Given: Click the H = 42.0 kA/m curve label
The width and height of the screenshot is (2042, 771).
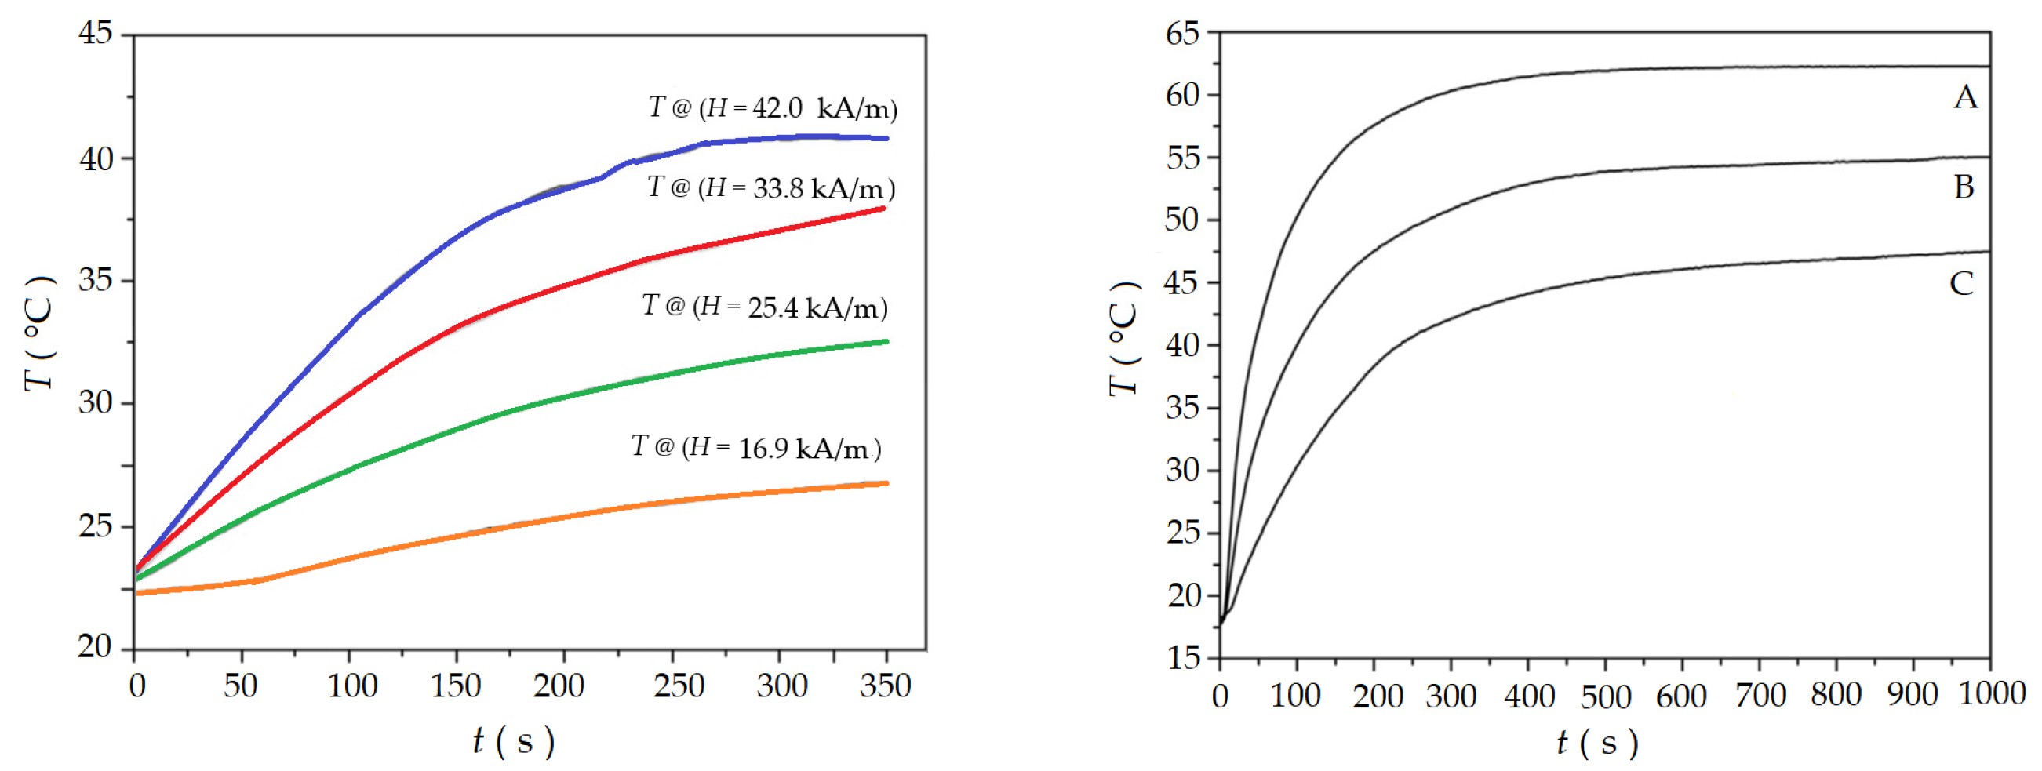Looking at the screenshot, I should pos(773,107).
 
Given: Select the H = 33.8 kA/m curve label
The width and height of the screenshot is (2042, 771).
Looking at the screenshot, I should pos(771,187).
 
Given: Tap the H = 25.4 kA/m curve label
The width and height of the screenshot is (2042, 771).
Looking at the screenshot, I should pos(765,307).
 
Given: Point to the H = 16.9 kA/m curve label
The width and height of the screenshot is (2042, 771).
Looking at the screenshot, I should pos(756,448).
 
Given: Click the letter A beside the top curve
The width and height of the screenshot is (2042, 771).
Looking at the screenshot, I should pos(1965,97).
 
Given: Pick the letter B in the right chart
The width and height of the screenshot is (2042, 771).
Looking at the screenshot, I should pos(1964,187).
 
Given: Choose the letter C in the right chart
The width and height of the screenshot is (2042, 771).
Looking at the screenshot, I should pos(1961,283).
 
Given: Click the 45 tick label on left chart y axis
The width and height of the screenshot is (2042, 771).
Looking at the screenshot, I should pos(95,33).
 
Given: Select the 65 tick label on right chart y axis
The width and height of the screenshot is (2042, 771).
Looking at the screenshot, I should pos(1182,33).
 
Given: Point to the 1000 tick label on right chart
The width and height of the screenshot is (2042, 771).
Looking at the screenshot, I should pos(1991,694).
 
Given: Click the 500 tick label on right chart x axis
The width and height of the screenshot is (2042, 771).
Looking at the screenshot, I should pos(1605,696).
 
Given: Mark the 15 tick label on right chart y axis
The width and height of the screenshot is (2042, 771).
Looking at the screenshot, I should pos(1184,658).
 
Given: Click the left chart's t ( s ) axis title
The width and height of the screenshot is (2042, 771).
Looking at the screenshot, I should pos(514,742).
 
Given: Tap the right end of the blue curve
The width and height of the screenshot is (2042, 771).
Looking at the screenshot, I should pos(886,139).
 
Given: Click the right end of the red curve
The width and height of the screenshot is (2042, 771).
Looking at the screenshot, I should pos(883,209).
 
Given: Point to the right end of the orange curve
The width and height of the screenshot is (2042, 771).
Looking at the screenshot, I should pos(886,483).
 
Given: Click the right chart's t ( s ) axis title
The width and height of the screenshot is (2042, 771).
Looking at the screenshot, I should pos(1597,744).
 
